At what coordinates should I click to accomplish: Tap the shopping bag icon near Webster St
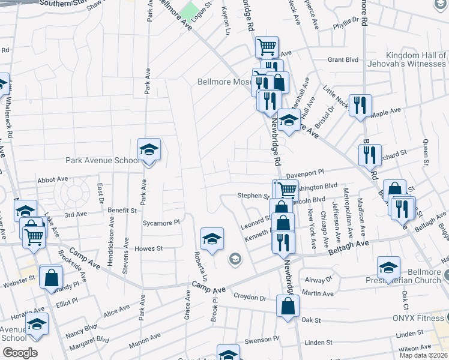click(51, 277)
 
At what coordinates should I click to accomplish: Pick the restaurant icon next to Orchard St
click(370, 155)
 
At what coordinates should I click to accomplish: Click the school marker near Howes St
click(211, 239)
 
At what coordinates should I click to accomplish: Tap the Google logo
click(20, 353)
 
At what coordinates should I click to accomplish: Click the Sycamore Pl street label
click(161, 222)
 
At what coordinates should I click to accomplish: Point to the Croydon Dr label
click(250, 297)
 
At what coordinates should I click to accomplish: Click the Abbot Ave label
click(53, 179)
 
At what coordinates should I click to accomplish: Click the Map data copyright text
click(423, 355)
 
